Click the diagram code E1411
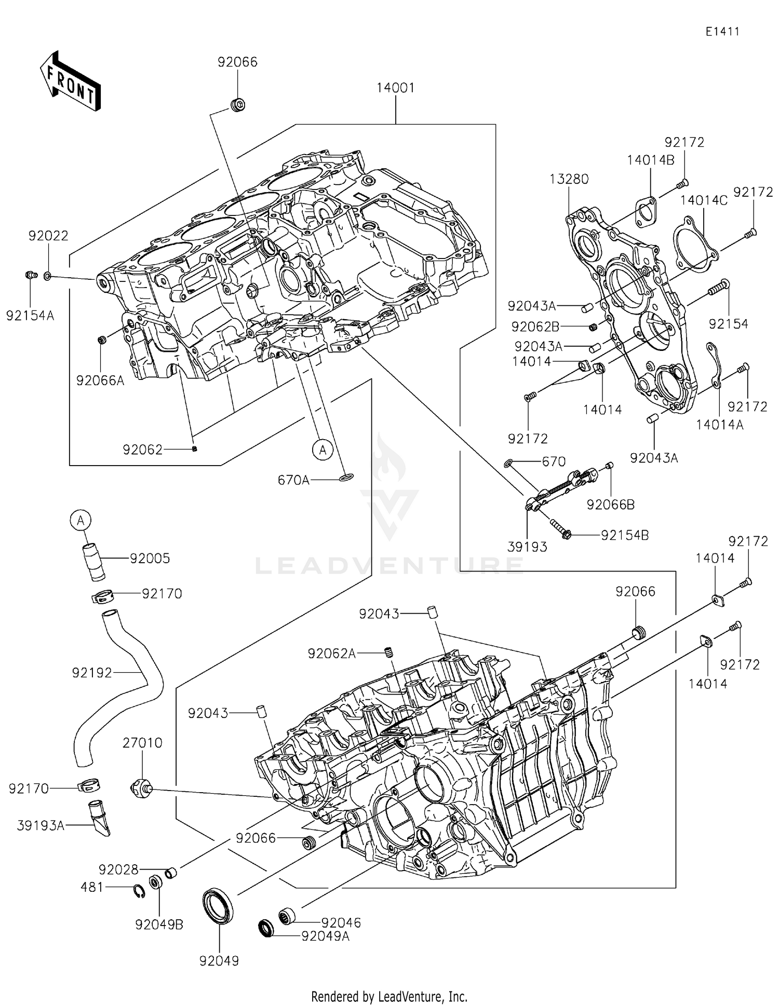click(722, 32)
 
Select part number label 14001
click(395, 88)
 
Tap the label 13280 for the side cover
click(569, 180)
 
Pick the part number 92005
click(150, 559)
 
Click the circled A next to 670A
click(323, 450)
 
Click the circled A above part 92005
click(80, 520)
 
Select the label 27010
click(142, 743)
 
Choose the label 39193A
click(41, 825)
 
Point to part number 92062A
click(331, 654)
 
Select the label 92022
click(48, 236)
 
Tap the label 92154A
click(30, 316)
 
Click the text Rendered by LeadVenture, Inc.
click(389, 996)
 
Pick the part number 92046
click(341, 922)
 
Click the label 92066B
click(610, 505)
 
